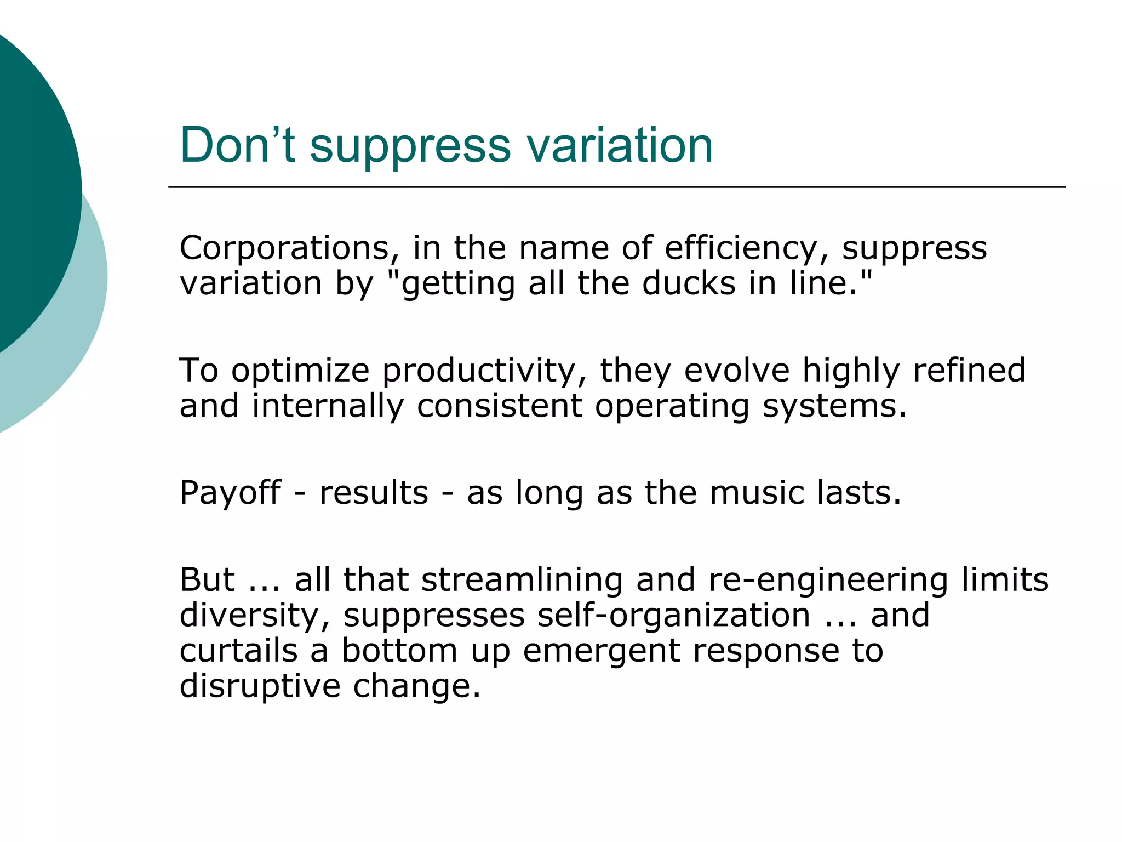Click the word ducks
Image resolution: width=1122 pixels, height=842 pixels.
tap(689, 283)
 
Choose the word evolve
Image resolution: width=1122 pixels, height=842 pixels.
tap(737, 370)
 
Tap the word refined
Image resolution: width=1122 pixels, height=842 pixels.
tap(969, 370)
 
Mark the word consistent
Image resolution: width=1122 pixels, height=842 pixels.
tap(499, 406)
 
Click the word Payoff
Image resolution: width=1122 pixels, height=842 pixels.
tap(230, 493)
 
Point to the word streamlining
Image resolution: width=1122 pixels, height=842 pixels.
tap(522, 580)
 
